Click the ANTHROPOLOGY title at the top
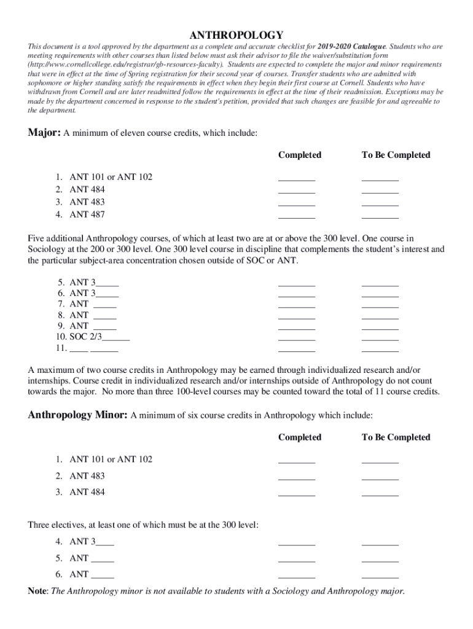(x=236, y=35)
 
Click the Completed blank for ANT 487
(x=297, y=216)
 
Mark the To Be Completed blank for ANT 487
(x=380, y=216)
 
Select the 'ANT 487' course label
(x=87, y=214)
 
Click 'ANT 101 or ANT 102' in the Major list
(x=111, y=177)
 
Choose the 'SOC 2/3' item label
(x=87, y=337)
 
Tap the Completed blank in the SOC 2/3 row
(x=297, y=338)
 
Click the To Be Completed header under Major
(x=396, y=155)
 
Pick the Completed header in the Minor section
(x=300, y=437)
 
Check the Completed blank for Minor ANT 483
(x=297, y=477)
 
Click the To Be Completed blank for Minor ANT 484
(x=380, y=494)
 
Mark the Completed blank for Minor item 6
(x=297, y=576)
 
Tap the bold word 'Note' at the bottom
(x=38, y=591)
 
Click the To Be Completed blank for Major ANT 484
(x=380, y=191)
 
